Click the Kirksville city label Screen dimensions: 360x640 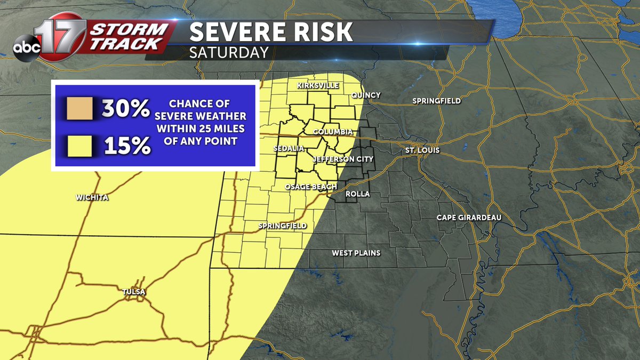318,86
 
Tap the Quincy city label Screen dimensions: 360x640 366,95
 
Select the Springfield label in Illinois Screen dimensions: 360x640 436,101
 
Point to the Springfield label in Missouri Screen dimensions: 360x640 283,226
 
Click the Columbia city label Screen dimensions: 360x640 333,132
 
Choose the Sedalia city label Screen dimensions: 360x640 289,148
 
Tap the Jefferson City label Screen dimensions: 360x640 342,159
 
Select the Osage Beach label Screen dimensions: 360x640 311,187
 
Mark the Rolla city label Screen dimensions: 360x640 358,194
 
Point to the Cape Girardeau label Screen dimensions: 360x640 469,218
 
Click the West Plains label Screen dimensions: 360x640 356,253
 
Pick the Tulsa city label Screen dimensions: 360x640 133,292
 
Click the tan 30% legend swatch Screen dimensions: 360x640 80,109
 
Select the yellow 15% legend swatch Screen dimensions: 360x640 80,146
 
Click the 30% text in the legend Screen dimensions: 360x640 126,109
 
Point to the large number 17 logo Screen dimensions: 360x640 63,36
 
